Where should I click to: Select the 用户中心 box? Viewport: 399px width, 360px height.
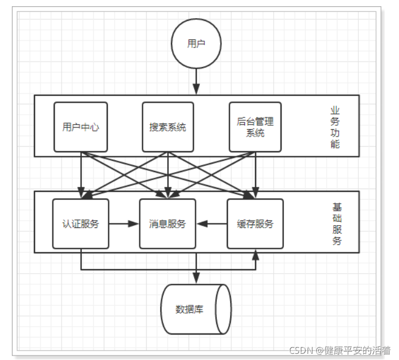[x=81, y=127]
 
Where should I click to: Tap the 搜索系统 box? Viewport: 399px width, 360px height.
[x=168, y=127]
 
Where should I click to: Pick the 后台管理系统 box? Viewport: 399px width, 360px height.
[x=255, y=127]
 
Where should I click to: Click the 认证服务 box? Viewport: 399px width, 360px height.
[x=81, y=223]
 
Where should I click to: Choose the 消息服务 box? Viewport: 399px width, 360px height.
[x=168, y=223]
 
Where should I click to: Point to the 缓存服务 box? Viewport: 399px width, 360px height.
[x=255, y=223]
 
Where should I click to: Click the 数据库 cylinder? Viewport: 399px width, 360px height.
[x=196, y=309]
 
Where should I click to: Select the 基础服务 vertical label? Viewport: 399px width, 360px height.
[x=336, y=224]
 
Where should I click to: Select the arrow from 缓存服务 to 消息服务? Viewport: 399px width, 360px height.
[x=212, y=224]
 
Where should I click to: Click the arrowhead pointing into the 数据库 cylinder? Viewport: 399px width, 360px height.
[x=196, y=278]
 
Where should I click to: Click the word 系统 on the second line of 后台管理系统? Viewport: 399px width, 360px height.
[x=255, y=133]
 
